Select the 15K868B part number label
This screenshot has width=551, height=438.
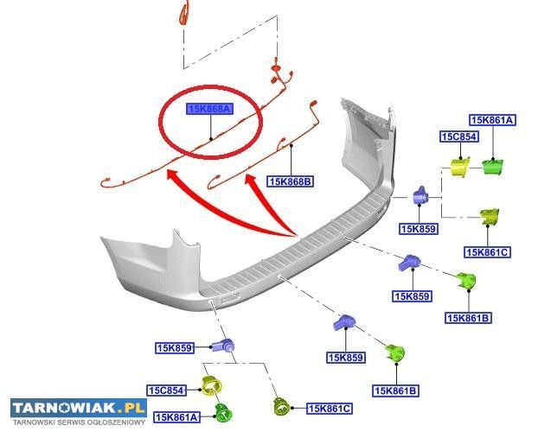click(x=290, y=181)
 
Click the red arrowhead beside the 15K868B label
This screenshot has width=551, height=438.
click(x=252, y=182)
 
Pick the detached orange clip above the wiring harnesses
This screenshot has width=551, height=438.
click(x=183, y=14)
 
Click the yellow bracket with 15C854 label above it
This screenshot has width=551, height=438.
click(x=459, y=166)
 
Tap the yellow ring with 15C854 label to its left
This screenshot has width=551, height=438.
click(x=210, y=386)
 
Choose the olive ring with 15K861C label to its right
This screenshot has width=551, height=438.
click(x=281, y=406)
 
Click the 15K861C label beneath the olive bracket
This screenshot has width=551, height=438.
click(x=487, y=252)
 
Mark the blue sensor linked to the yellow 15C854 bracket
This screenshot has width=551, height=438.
click(x=421, y=196)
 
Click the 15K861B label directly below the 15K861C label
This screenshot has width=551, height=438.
click(x=469, y=318)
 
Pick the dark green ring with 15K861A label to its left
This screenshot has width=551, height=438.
click(x=223, y=414)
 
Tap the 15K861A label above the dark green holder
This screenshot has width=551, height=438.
click(x=492, y=120)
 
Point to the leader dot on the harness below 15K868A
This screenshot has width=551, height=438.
click(x=211, y=138)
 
